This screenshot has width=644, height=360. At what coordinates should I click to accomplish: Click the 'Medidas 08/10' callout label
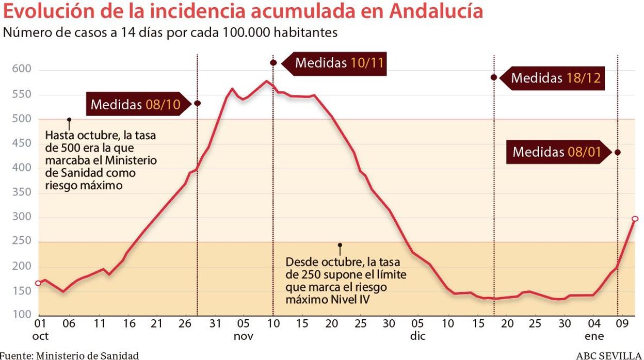135,105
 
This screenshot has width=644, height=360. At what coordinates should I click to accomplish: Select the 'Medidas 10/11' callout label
340,63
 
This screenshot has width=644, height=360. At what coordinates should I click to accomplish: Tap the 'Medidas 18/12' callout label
556,78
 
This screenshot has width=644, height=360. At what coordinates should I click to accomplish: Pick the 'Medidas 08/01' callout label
557,152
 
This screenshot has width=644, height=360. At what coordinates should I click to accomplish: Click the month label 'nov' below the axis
244,336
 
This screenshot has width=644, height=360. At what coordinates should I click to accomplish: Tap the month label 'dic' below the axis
417,336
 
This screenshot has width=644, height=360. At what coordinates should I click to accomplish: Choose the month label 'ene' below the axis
594,336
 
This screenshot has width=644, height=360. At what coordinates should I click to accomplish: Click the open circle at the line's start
38,283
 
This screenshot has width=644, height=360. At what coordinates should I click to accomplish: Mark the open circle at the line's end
635,219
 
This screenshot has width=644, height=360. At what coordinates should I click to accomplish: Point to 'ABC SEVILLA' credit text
609,355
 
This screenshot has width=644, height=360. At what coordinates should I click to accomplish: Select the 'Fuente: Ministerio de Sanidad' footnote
69,355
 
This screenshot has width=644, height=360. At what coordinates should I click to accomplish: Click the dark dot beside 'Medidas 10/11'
273,63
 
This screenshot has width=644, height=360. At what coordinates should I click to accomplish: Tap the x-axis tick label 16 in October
129,324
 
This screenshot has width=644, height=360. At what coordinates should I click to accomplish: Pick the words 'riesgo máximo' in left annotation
84,185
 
